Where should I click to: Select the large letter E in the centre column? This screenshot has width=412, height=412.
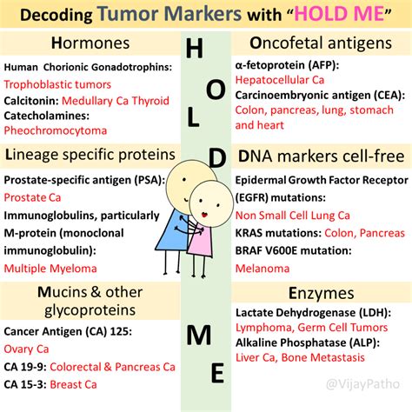click(x=216, y=374)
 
